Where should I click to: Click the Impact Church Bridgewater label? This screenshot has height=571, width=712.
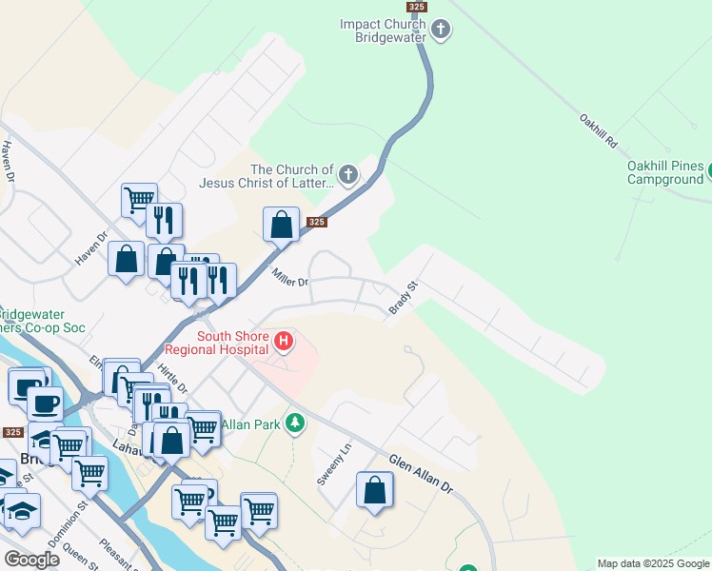(385, 30)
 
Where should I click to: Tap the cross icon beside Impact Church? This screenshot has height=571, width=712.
(440, 30)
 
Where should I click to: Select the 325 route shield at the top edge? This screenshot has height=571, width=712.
(416, 7)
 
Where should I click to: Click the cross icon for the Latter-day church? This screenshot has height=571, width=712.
(348, 175)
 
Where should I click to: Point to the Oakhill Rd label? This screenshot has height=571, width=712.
(599, 133)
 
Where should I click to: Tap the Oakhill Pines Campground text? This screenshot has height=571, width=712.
(664, 171)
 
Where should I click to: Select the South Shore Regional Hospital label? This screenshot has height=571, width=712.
(231, 343)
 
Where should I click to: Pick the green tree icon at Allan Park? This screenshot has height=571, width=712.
(295, 422)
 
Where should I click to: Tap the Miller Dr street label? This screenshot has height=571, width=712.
(290, 278)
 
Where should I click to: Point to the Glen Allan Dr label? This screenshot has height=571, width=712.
(421, 470)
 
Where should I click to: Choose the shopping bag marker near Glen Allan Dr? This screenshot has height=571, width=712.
(375, 491)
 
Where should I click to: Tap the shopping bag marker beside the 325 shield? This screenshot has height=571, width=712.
(282, 226)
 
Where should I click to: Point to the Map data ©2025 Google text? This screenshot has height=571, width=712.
(653, 563)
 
